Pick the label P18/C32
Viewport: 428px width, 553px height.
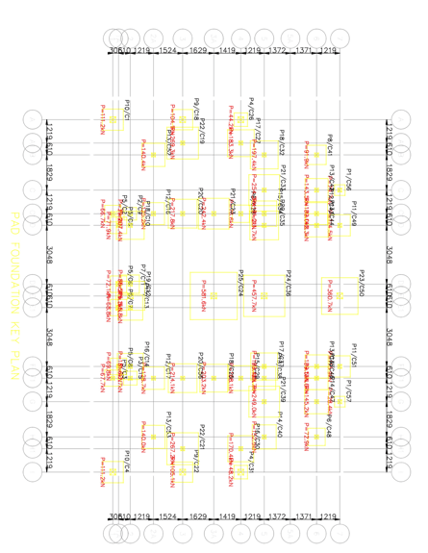[x=282, y=142]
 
